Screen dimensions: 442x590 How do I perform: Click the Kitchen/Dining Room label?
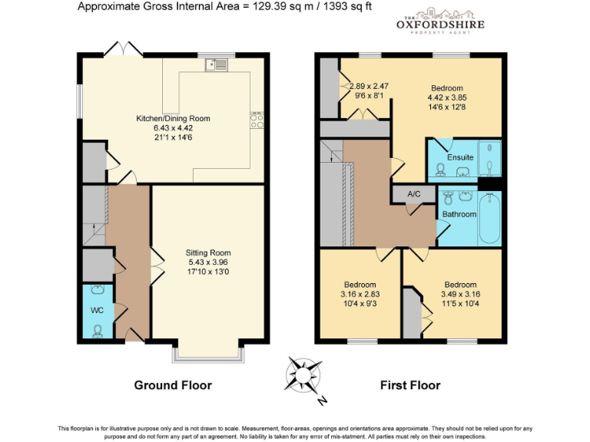tap(173, 118)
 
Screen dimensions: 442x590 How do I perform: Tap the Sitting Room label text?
tap(207, 252)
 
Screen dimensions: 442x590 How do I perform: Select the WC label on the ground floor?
tap(97, 310)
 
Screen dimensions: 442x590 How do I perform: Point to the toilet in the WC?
tap(98, 331)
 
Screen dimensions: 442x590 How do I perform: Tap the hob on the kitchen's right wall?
tap(257, 121)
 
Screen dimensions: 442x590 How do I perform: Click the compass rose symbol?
tap(305, 375)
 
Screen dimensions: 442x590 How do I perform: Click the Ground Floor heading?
tap(173, 384)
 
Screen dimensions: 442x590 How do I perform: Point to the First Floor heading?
tap(410, 384)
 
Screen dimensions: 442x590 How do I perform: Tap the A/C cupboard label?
tap(414, 194)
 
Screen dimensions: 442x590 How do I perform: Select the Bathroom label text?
tap(459, 214)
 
